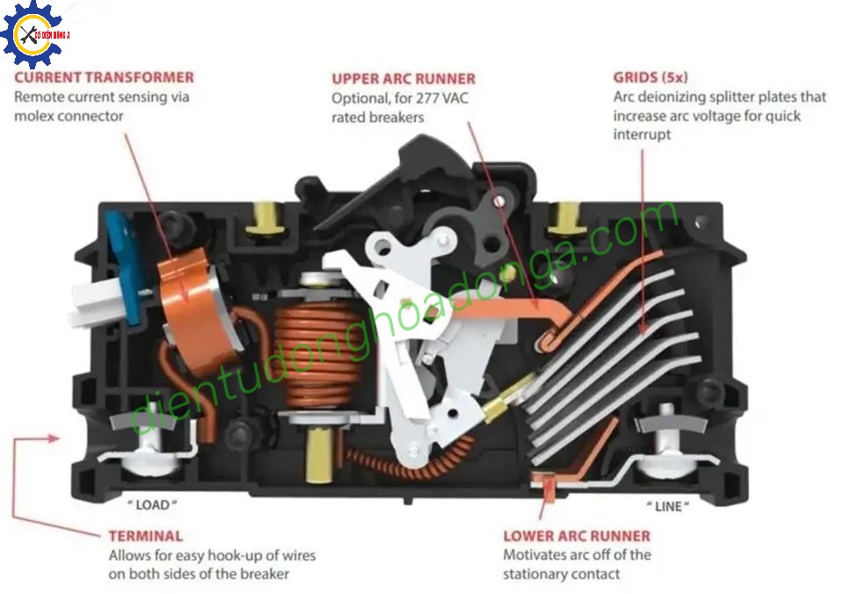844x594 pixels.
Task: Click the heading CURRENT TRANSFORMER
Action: [x=104, y=77]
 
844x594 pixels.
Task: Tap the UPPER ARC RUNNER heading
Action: [x=404, y=78]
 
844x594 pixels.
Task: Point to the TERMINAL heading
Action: [x=146, y=535]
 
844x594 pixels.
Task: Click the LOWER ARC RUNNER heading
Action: [x=577, y=535]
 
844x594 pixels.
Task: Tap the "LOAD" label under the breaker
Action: [x=153, y=505]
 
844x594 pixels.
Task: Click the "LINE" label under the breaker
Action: [x=668, y=507]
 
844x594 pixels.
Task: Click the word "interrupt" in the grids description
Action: [x=643, y=134]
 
